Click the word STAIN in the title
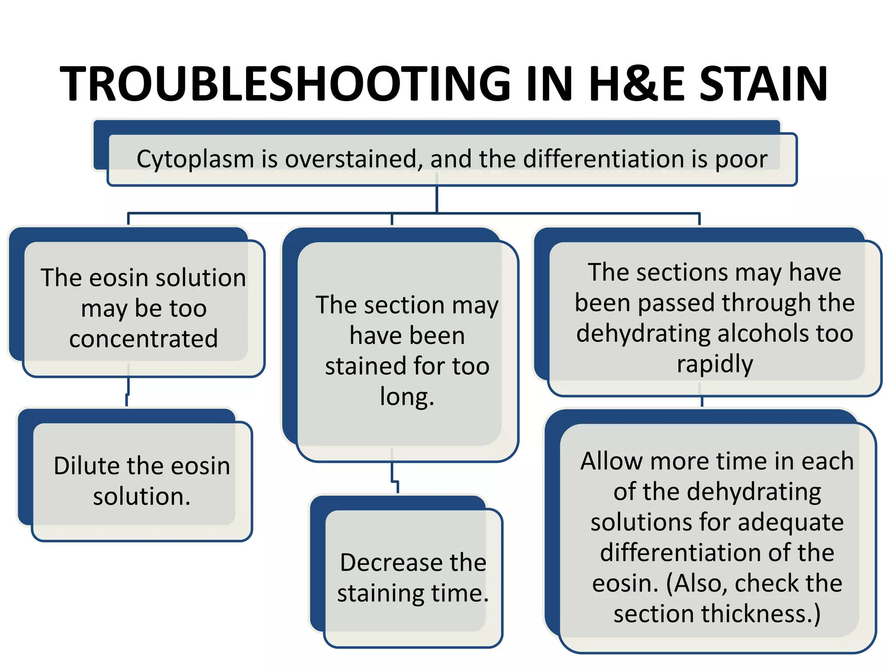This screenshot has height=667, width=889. [764, 83]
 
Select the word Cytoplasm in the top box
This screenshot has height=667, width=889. [195, 159]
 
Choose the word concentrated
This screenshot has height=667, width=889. [143, 339]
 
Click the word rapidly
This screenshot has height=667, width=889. [715, 364]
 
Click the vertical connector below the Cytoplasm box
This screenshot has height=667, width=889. [437, 199]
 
